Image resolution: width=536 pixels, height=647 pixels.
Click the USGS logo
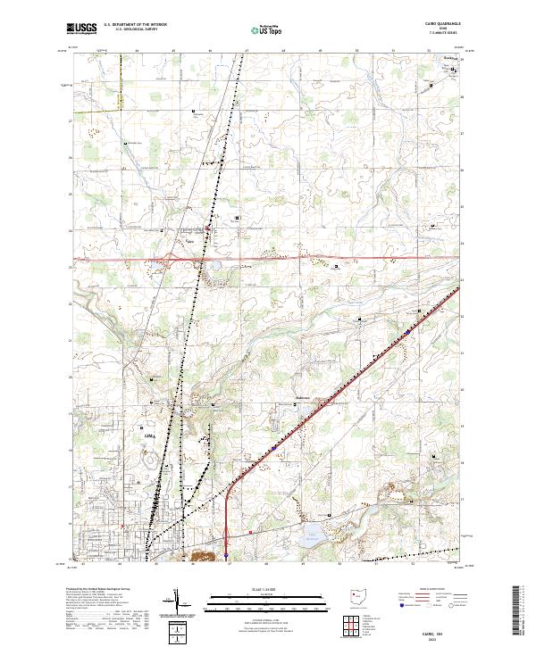(x=82, y=29)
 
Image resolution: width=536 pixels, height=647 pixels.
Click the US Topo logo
(x=268, y=29)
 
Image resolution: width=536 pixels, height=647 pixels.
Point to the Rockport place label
(x=437, y=60)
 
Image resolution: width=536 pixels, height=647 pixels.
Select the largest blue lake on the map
(x=310, y=537)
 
